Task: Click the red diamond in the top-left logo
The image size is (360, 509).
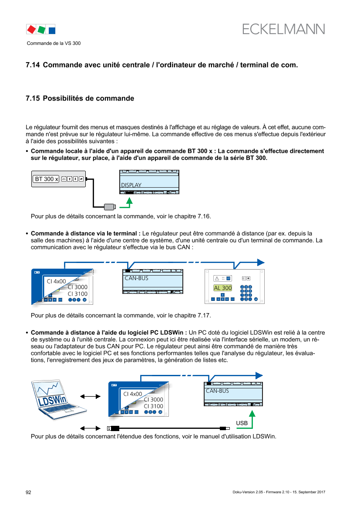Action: (x=31, y=30)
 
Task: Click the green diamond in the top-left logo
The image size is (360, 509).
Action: (x=41, y=30)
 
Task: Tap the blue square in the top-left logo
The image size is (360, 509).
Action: (x=52, y=30)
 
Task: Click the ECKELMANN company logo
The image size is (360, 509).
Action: (x=283, y=29)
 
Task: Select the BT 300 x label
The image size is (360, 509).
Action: (x=46, y=179)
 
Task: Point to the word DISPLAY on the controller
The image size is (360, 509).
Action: (x=131, y=185)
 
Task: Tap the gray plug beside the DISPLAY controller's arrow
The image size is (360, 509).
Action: (x=110, y=207)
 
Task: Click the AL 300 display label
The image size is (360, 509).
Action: (x=222, y=288)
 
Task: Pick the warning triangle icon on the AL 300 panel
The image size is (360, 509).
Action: (x=217, y=278)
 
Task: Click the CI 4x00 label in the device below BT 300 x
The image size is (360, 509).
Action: (x=56, y=281)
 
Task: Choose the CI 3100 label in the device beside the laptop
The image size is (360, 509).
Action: (x=153, y=406)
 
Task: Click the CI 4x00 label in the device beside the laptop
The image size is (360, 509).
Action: (x=133, y=394)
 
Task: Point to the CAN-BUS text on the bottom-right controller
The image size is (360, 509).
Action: (x=217, y=391)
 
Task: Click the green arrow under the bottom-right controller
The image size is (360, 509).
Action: (x=252, y=420)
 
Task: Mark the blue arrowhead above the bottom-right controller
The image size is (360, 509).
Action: (x=259, y=375)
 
